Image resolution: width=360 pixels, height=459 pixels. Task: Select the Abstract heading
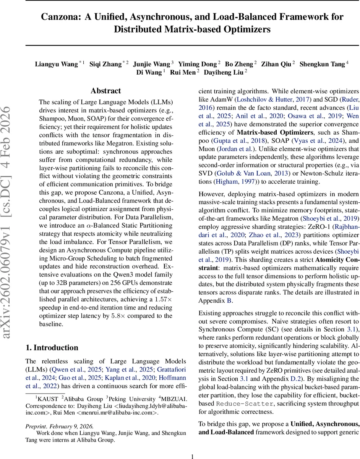pos(105,91)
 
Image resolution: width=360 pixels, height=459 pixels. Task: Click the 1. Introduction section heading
pos(52,348)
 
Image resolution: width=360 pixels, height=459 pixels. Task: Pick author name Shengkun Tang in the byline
pos(322,64)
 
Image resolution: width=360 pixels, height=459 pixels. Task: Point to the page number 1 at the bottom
pos(193,446)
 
